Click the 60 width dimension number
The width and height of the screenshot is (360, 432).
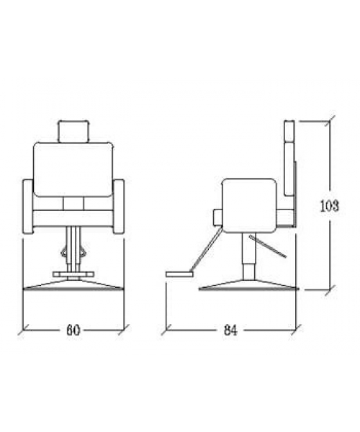tap(73, 330)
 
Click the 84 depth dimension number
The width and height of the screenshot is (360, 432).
tap(230, 330)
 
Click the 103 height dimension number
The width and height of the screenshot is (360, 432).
tap(329, 205)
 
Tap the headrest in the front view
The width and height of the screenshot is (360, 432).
tap(73, 132)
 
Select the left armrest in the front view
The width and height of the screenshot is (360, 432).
tap(27, 207)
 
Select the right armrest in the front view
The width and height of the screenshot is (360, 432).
tap(118, 207)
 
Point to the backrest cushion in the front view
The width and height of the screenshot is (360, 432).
tap(73, 169)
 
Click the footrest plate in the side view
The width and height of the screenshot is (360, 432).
tap(179, 274)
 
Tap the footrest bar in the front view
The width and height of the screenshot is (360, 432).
tap(73, 274)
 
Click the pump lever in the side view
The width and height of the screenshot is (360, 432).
tap(268, 246)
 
